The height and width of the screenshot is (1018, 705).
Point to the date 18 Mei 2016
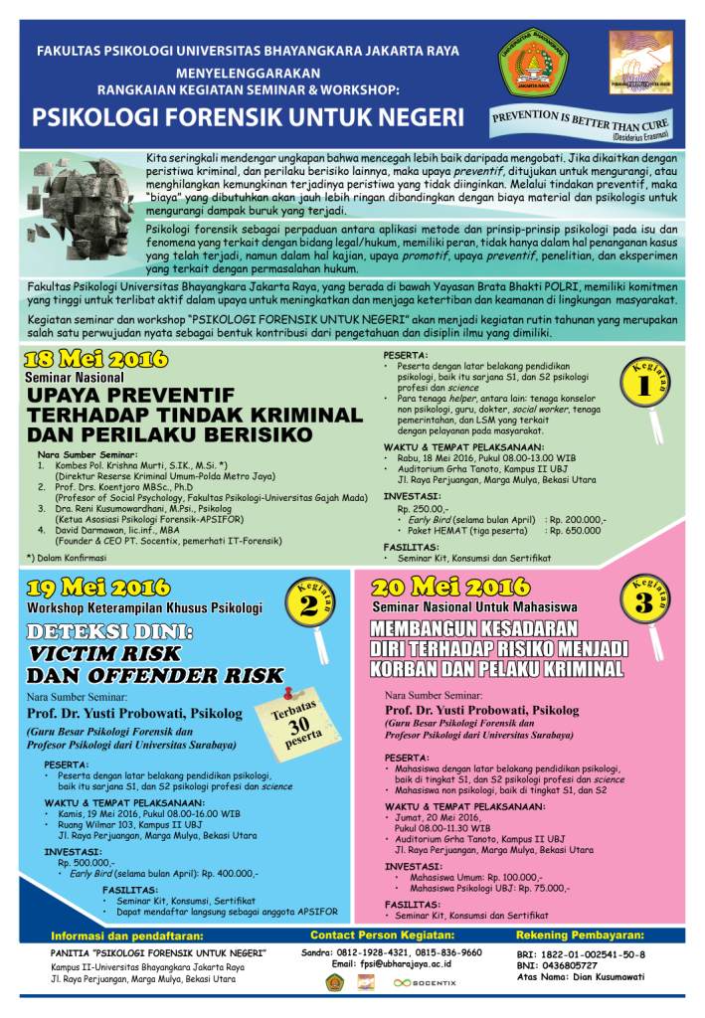(96, 359)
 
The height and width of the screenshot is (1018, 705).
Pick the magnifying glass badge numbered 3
(644, 600)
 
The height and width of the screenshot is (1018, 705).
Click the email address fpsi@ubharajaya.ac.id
(409, 964)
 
